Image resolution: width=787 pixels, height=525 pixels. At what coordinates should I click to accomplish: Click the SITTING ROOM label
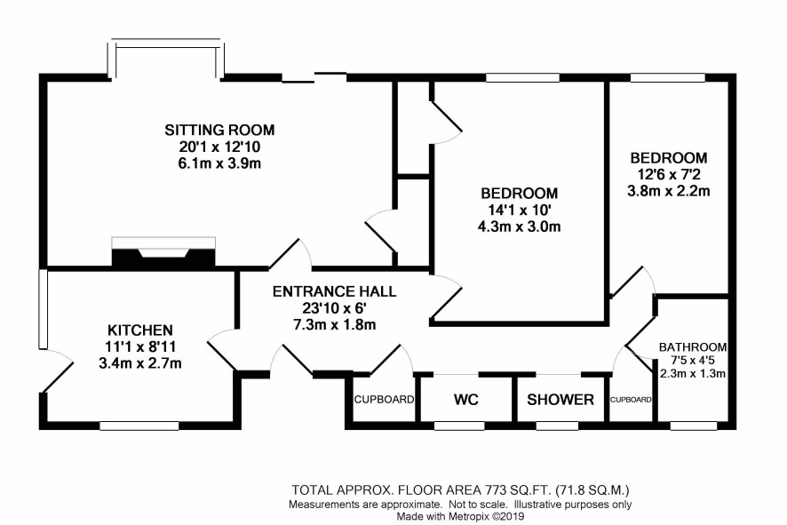[219, 130]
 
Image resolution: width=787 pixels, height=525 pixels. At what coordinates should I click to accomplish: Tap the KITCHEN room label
[140, 330]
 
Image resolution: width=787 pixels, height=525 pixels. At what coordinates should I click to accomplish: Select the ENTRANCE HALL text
[334, 291]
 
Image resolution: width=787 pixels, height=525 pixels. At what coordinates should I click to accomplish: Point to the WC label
[466, 400]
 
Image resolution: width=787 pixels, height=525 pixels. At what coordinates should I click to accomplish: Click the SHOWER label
[560, 400]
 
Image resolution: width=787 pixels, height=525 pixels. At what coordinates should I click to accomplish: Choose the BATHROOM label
[693, 346]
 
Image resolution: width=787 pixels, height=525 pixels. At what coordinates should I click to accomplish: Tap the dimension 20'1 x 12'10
[219, 147]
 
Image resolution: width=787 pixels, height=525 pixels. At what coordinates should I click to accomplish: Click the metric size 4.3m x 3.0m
[519, 227]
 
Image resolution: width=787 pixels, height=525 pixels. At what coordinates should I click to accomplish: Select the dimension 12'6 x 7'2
[669, 175]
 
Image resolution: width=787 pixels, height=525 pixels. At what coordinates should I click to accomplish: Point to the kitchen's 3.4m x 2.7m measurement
[140, 363]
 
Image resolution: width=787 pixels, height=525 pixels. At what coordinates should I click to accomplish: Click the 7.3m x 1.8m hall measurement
[334, 324]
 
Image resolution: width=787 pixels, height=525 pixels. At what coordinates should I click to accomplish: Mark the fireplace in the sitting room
[163, 252]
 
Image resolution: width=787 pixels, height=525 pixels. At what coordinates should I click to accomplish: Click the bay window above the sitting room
[166, 58]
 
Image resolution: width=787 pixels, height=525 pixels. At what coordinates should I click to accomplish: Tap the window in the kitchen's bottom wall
[139, 426]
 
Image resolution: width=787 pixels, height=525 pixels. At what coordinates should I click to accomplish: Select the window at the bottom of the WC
[459, 426]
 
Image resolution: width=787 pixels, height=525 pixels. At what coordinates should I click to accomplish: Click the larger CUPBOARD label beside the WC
[384, 400]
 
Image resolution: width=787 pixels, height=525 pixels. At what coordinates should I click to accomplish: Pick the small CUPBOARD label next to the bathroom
[631, 400]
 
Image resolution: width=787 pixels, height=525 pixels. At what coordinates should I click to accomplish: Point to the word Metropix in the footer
[465, 516]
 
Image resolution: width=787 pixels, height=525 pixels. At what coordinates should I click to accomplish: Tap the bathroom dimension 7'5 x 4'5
[693, 360]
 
